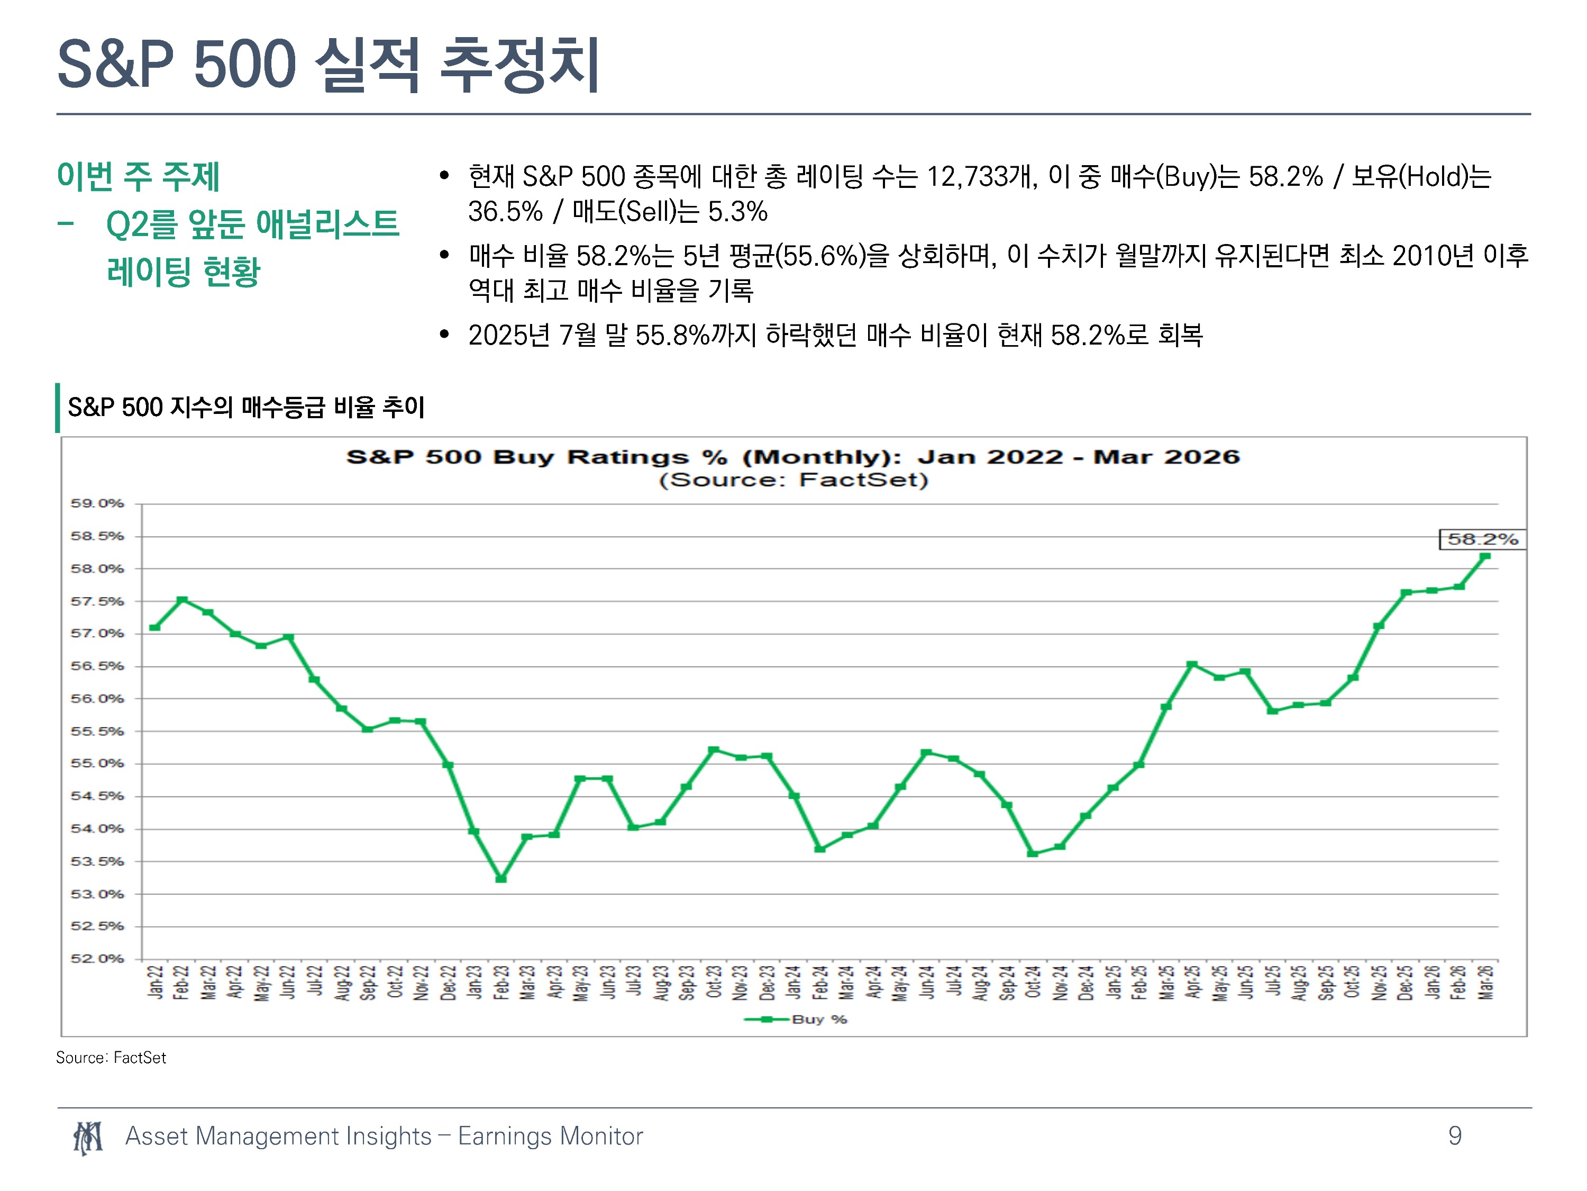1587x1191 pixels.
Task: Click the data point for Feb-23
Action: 501,879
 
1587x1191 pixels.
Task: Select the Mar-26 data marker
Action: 1485,556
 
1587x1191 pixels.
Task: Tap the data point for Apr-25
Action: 1192,665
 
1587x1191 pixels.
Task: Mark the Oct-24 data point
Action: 1033,854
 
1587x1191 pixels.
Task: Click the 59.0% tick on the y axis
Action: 97,503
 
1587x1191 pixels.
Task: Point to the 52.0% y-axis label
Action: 97,959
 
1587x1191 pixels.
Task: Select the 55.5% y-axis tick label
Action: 97,731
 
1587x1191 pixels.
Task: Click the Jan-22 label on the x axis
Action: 155,982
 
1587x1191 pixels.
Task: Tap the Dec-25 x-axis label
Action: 1406,982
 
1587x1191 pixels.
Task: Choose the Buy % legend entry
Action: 796,1019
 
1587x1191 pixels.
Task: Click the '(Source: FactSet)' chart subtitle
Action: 793,480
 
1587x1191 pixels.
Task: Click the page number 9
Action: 1455,1136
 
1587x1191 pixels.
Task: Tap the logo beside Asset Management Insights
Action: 87,1138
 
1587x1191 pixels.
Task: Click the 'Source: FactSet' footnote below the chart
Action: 111,1058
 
